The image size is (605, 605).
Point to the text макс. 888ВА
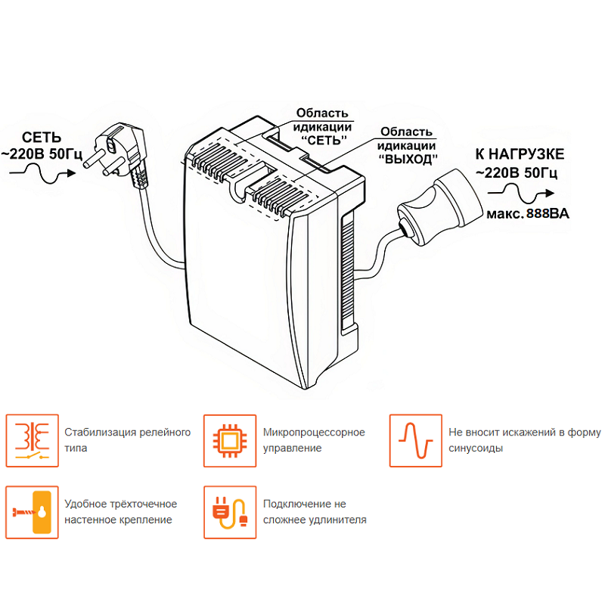coord(527,214)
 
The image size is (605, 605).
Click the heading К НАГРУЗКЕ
coord(519,154)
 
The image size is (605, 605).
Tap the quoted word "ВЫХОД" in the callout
coord(408,160)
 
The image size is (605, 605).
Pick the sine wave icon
coord(415,440)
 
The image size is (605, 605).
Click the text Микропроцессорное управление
coord(314,440)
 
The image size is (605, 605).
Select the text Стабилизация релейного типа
coord(127,440)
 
